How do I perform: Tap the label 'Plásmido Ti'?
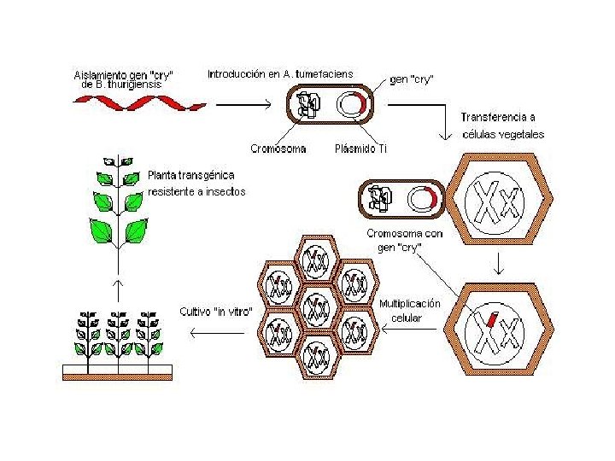point(360,149)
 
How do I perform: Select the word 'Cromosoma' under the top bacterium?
point(278,149)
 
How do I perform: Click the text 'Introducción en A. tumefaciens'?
point(280,74)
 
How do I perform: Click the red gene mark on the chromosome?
point(493,320)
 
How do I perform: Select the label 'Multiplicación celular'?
point(410,311)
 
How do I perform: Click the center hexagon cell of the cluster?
point(317,306)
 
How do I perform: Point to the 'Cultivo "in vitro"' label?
point(216,311)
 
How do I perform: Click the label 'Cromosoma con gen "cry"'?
point(406,239)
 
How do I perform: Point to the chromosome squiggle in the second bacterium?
point(381,199)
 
